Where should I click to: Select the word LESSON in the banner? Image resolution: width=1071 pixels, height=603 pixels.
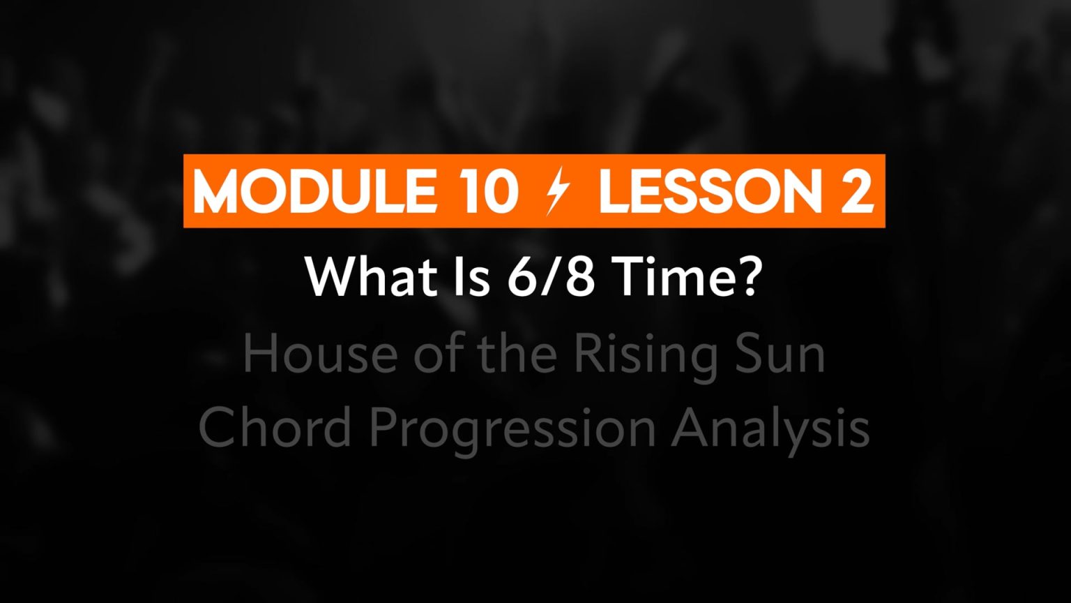[711, 191]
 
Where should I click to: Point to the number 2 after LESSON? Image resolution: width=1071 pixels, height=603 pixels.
[858, 191]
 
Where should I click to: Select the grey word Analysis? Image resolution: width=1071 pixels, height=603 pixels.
[770, 430]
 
